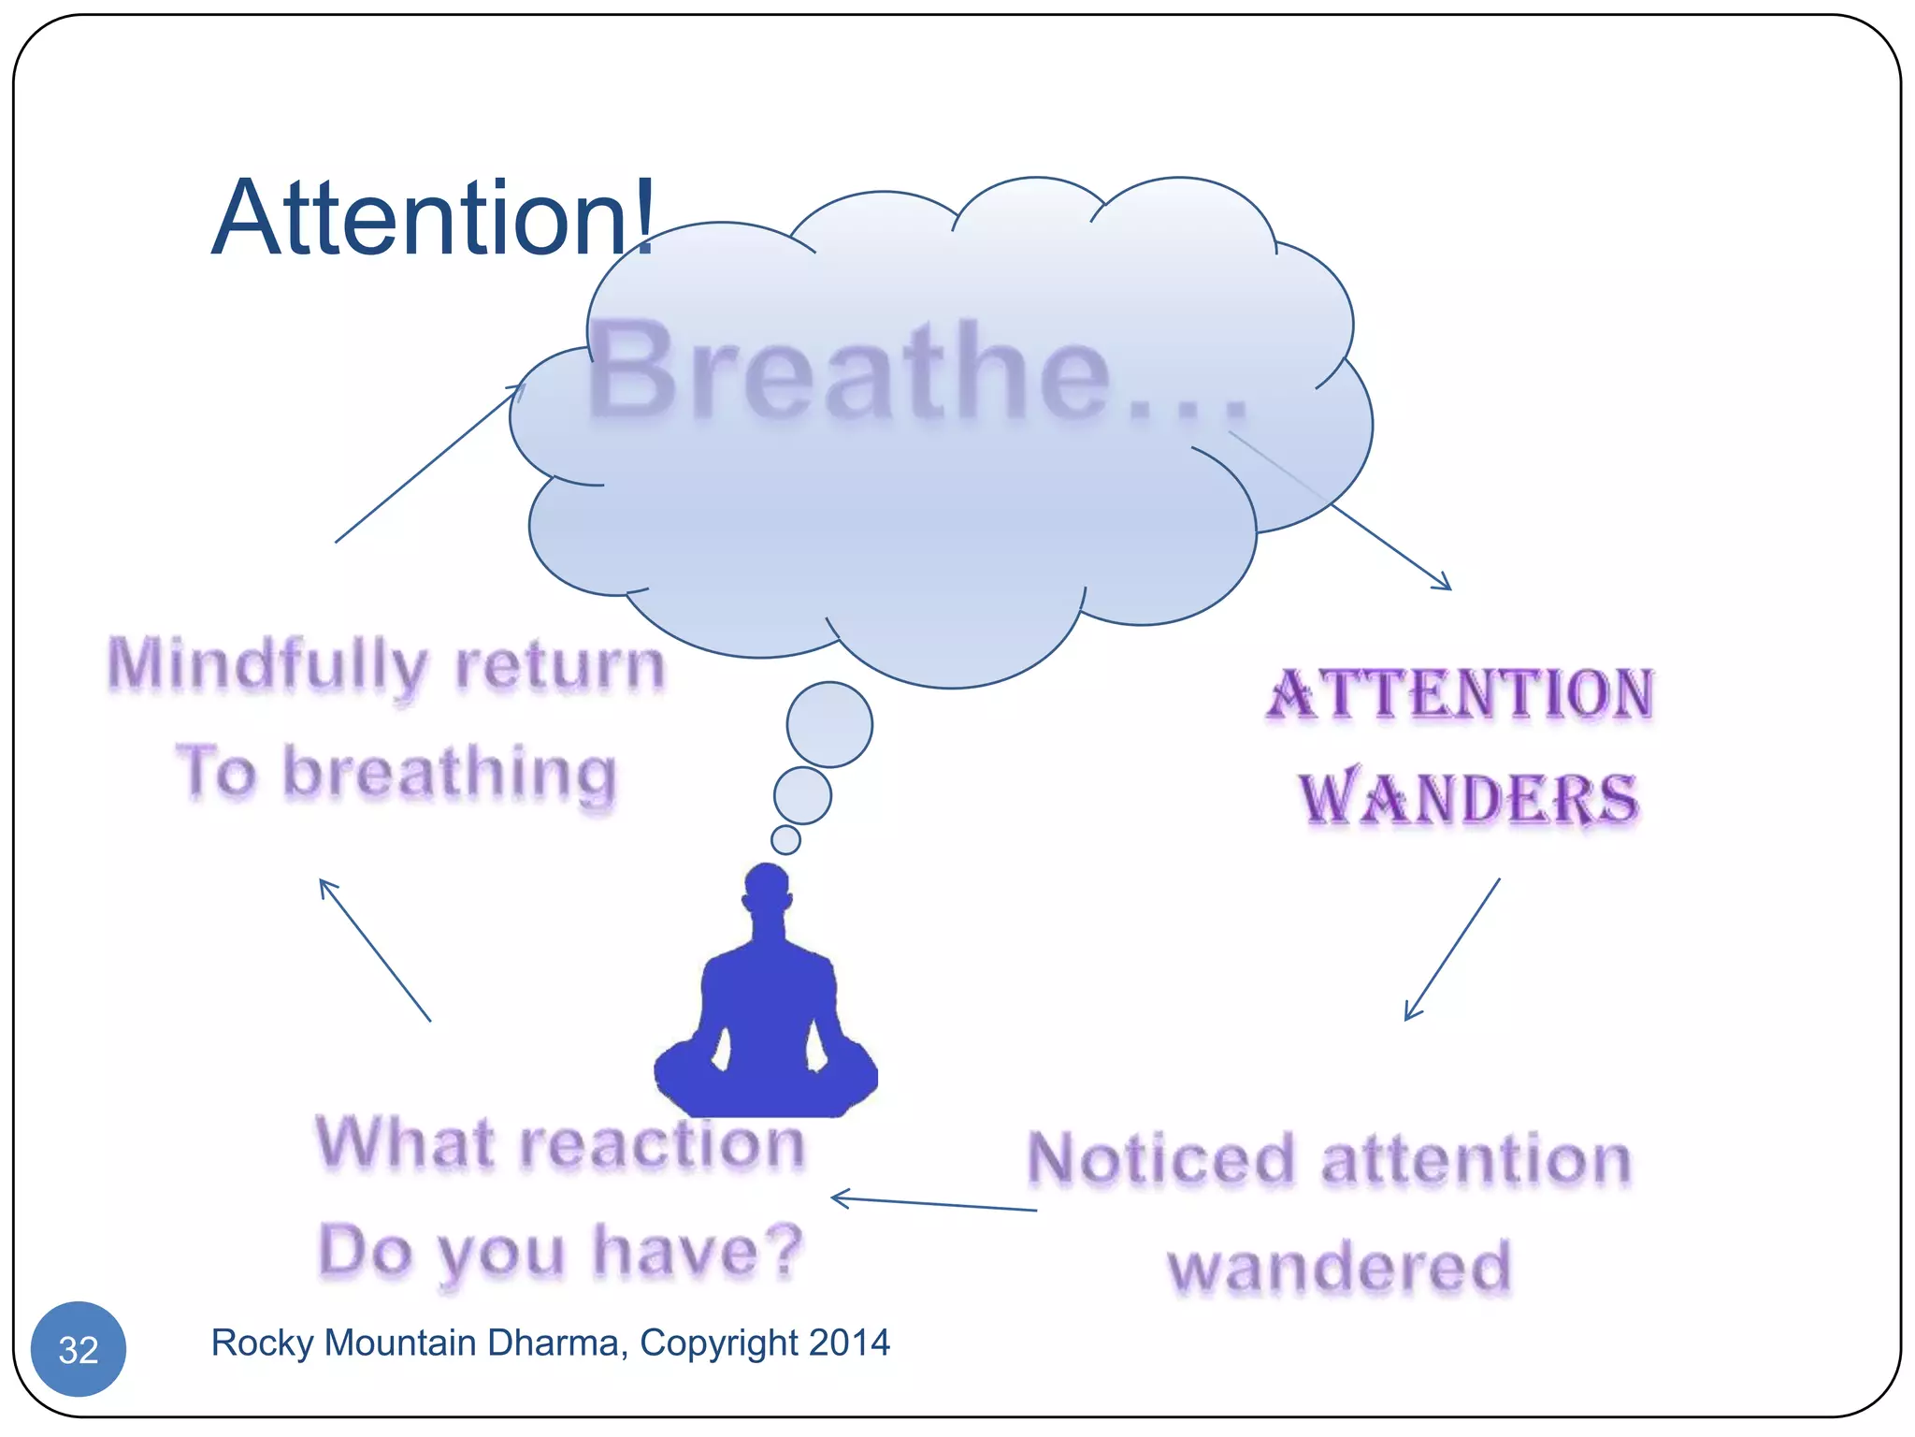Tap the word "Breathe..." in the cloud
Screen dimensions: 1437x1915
(916, 371)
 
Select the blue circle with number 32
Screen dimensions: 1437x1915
(79, 1349)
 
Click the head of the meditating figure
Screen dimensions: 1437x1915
(767, 888)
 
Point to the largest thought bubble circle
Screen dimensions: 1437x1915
(829, 724)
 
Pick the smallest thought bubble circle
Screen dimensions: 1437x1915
(785, 839)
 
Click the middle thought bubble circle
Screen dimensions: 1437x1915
(802, 795)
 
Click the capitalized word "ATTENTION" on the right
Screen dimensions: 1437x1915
(1461, 694)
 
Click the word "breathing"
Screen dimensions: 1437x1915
(450, 775)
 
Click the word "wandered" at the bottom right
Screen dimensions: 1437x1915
(1339, 1268)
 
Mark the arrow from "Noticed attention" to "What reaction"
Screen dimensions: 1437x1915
(933, 1204)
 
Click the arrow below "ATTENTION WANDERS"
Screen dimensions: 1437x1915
(1452, 949)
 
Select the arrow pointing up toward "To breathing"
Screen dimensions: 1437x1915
(375, 950)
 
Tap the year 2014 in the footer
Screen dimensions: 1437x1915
(850, 1343)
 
